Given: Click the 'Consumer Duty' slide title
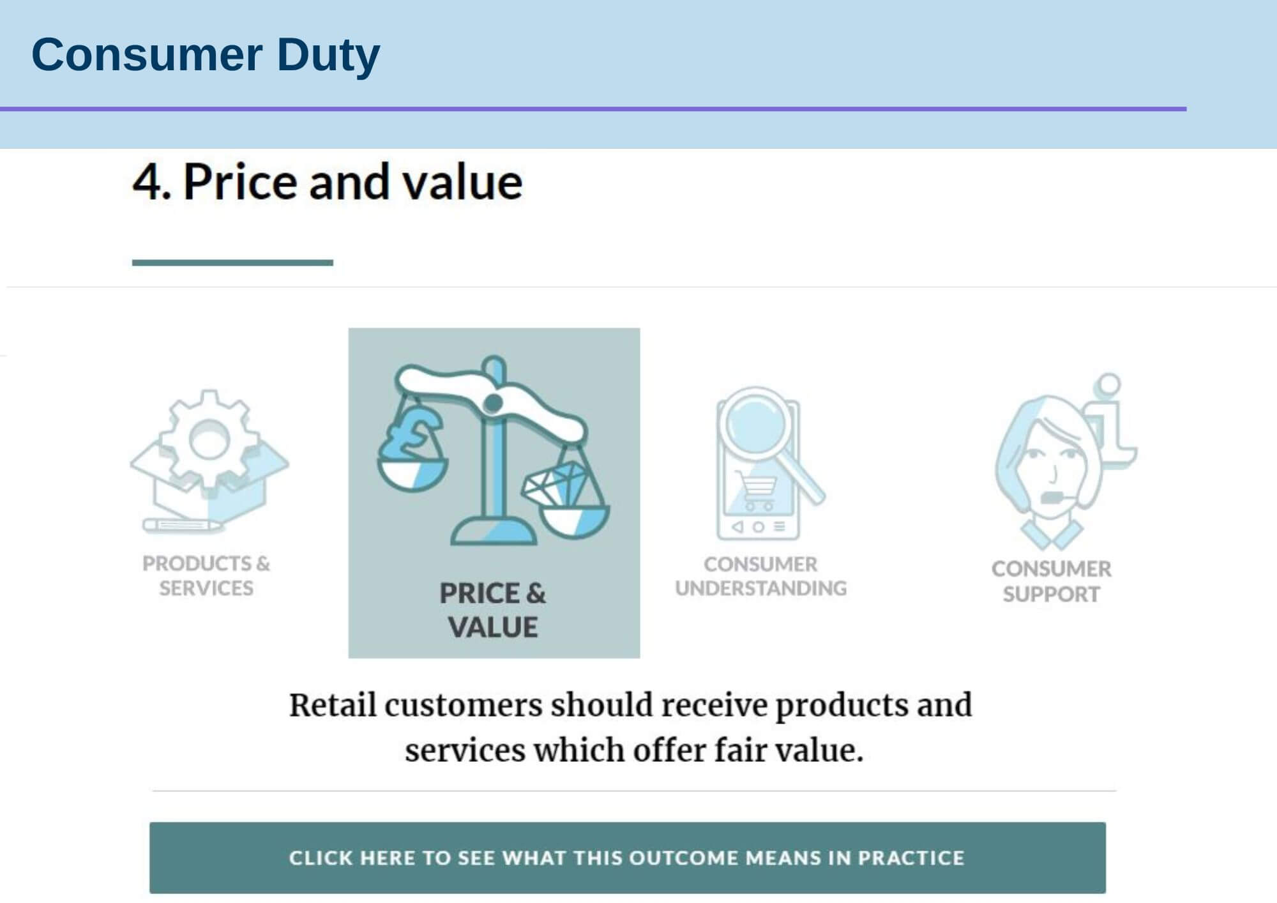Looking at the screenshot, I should pyautogui.click(x=206, y=55).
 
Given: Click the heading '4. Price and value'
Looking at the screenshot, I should pyautogui.click(x=328, y=182).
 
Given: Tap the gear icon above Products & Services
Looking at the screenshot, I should pyautogui.click(x=209, y=439).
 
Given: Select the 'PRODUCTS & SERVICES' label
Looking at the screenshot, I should pyautogui.click(x=206, y=575).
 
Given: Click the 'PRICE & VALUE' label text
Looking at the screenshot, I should pyautogui.click(x=493, y=610).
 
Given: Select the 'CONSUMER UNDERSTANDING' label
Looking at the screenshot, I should pyautogui.click(x=760, y=576).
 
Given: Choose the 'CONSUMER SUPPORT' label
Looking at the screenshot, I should pyautogui.click(x=1051, y=581).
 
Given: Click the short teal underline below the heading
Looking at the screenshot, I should pyautogui.click(x=232, y=262).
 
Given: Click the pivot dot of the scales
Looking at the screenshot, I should pyautogui.click(x=493, y=403).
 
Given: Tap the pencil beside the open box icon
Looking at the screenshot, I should pyautogui.click(x=182, y=526).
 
